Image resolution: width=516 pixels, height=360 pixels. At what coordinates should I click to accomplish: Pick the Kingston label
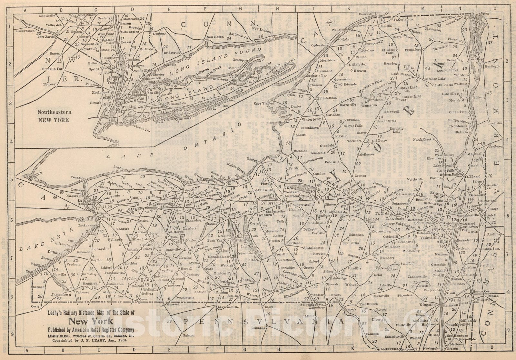(x=428, y=305)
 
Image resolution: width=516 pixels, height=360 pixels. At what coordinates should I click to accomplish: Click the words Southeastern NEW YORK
(x=55, y=116)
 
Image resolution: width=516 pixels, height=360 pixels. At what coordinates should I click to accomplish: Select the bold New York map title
(x=91, y=321)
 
